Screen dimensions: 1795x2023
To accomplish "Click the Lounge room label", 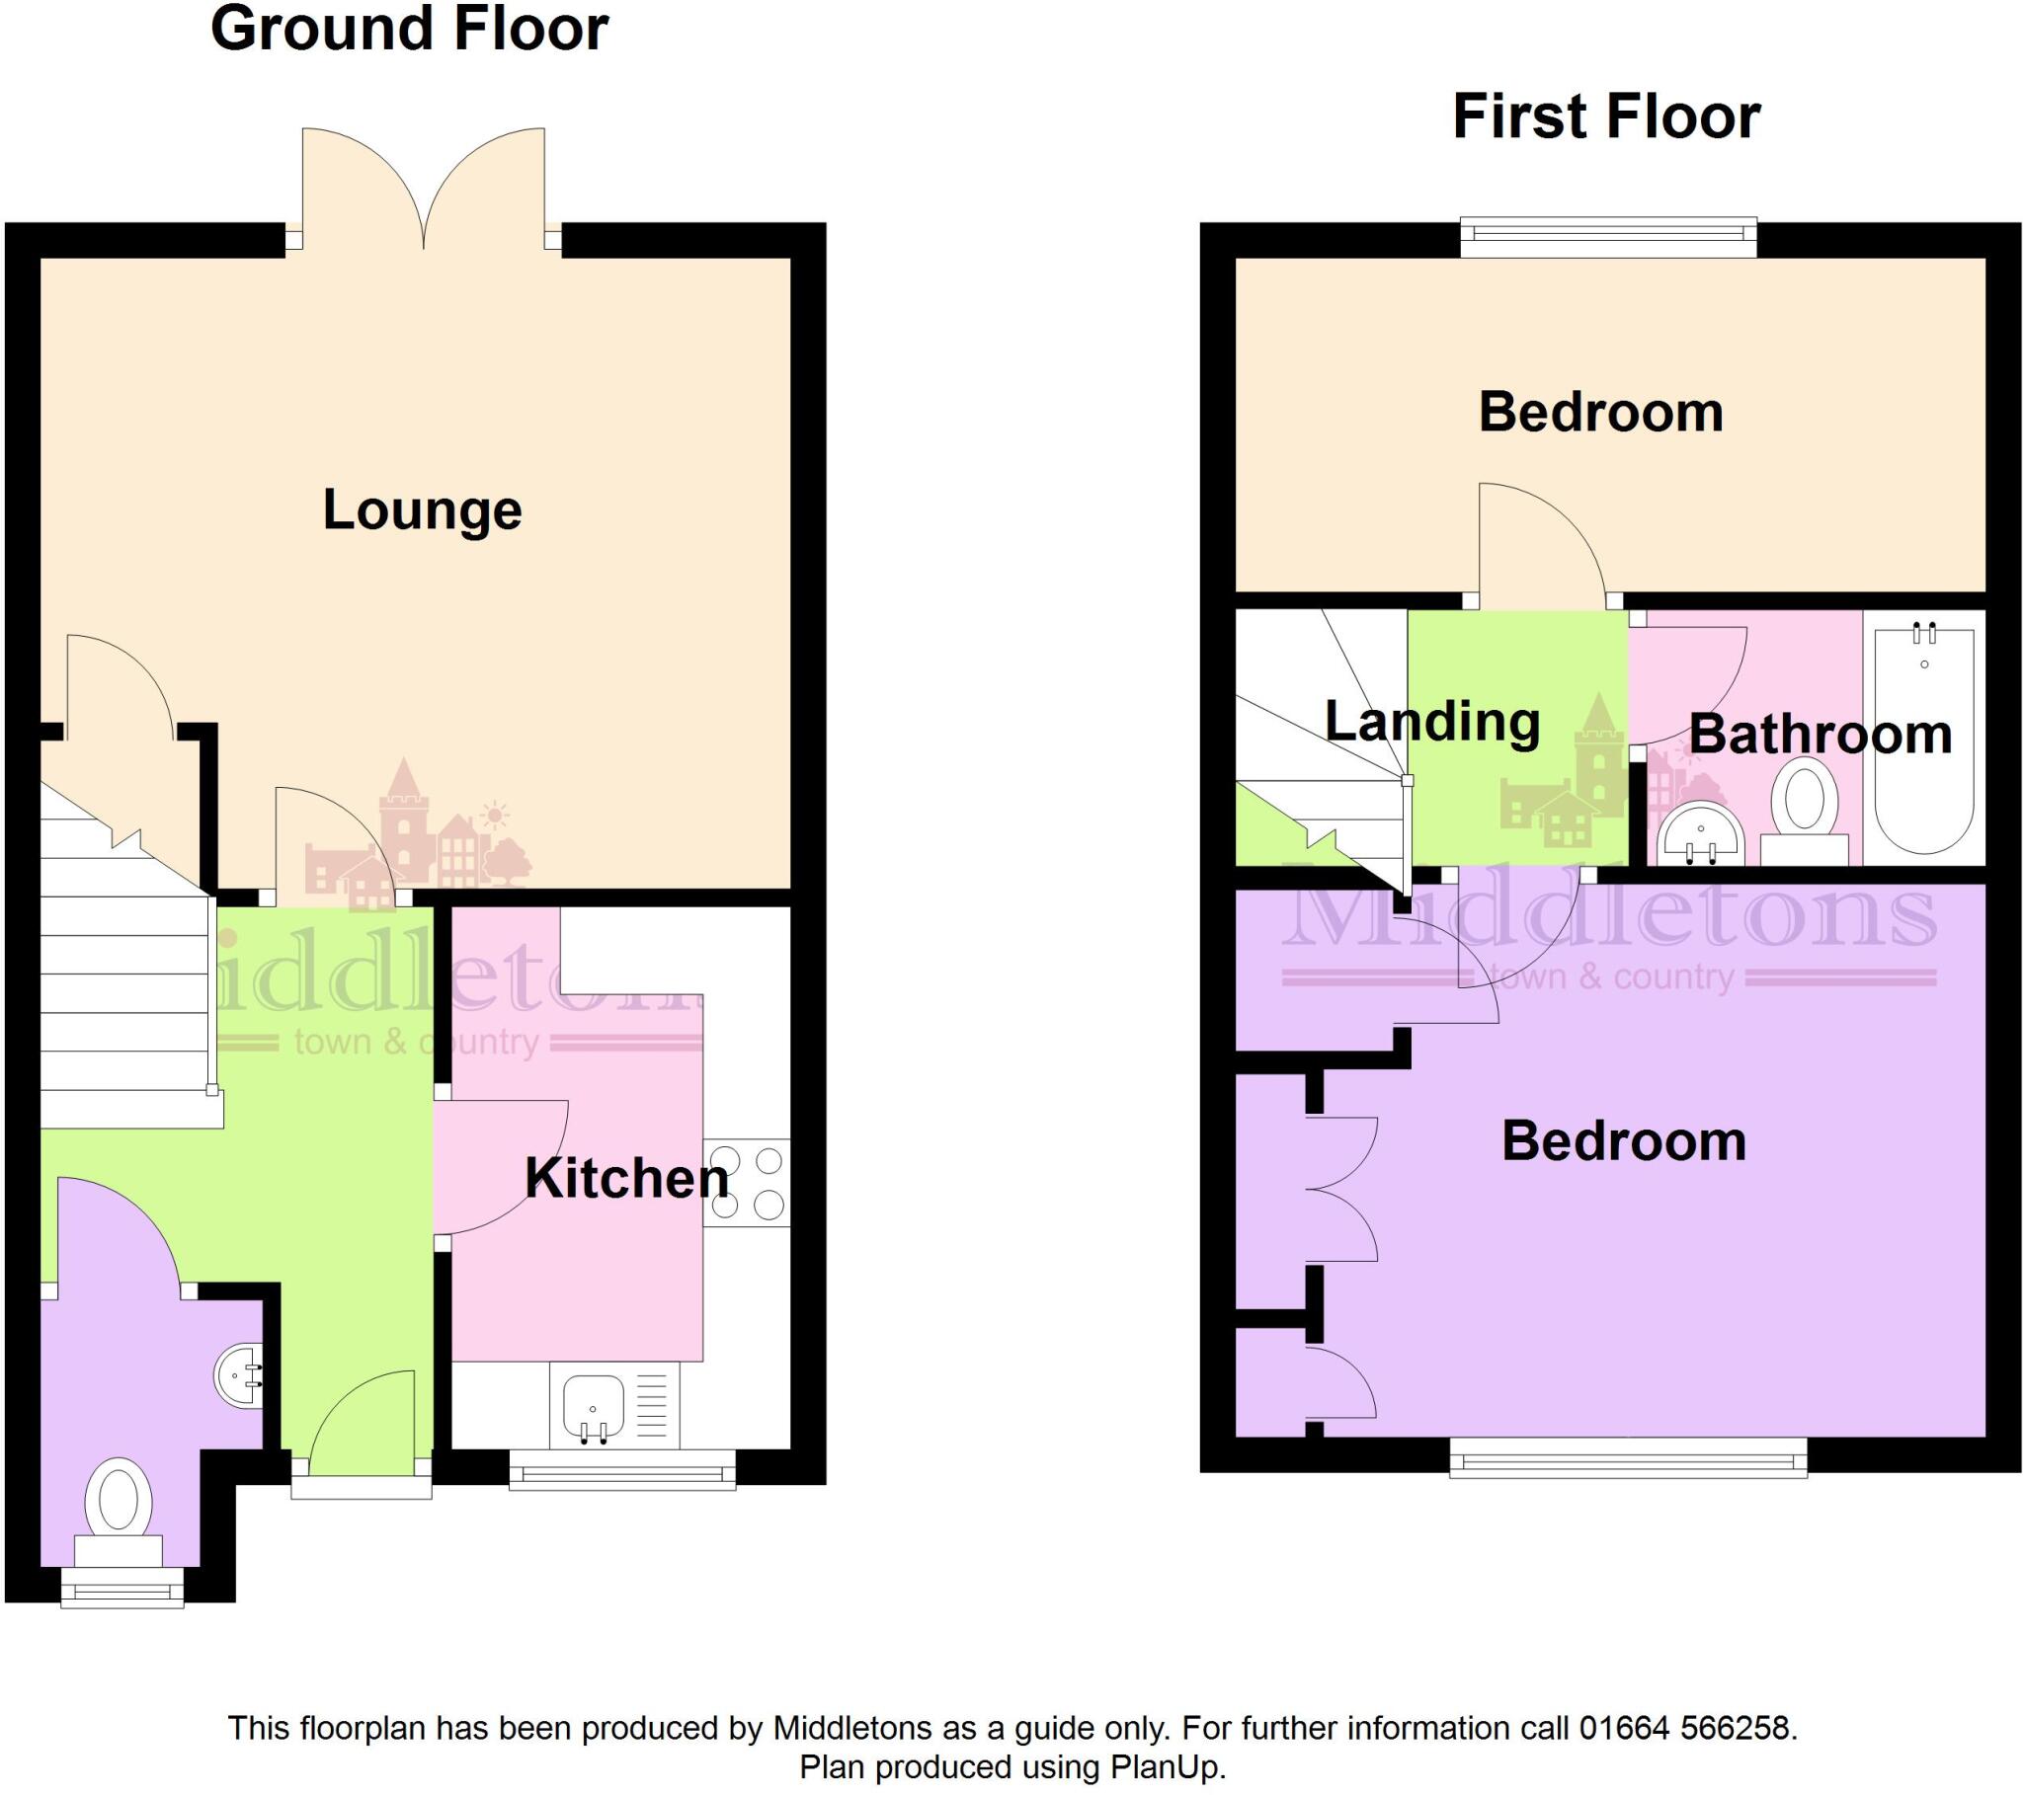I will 423,510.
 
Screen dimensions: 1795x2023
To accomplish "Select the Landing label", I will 1432,722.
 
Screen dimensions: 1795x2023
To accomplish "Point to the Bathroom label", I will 1821,735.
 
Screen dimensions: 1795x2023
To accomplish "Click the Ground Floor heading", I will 409,29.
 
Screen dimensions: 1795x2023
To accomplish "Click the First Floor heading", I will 1605,117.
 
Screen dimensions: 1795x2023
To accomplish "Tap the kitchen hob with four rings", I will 747,1183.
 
